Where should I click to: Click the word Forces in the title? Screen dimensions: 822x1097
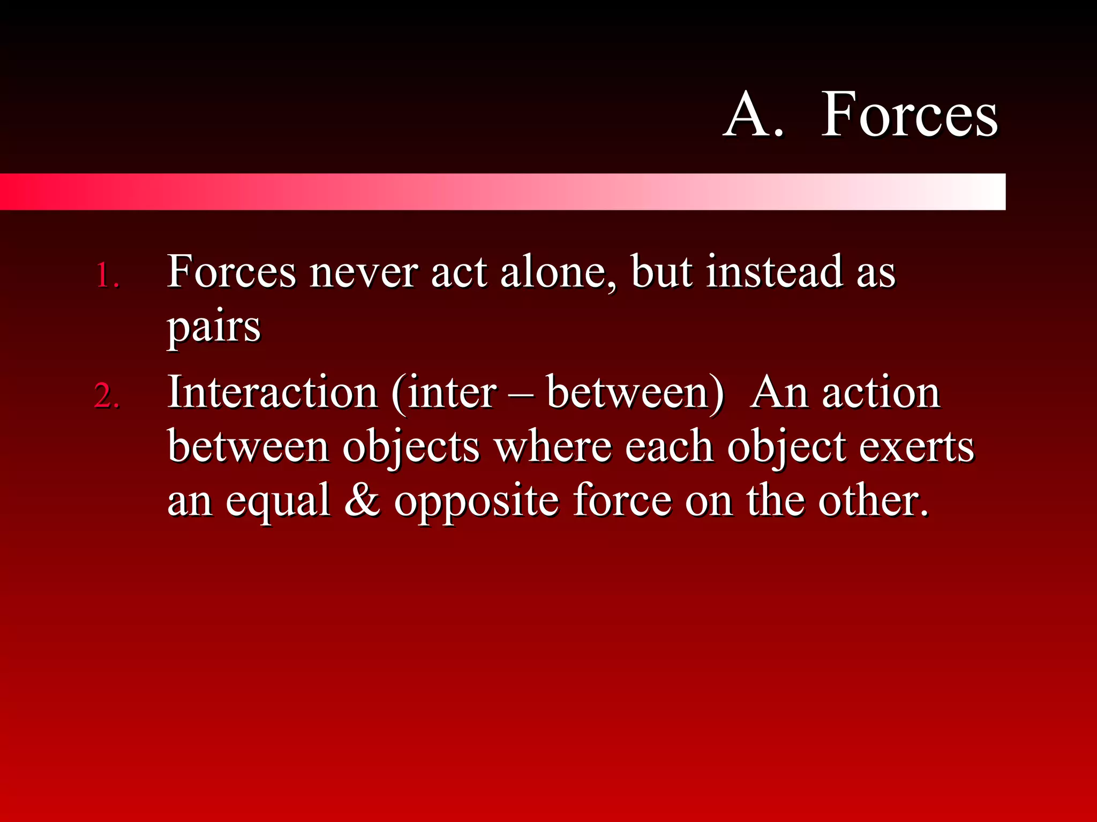[909, 115]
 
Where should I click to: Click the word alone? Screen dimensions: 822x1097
[557, 273]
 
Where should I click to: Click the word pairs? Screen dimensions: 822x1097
[214, 328]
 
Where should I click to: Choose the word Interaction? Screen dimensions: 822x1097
[272, 393]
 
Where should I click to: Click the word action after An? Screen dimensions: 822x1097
[881, 393]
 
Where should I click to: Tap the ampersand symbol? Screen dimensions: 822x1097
[362, 500]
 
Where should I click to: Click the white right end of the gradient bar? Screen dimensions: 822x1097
[986, 192]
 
